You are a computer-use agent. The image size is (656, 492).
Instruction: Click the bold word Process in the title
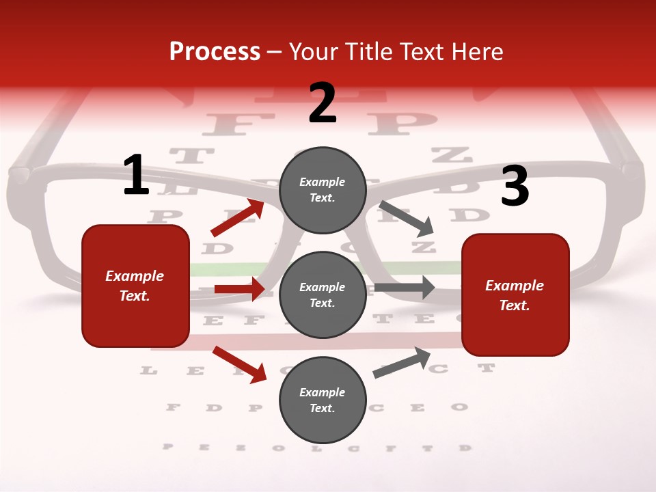(215, 52)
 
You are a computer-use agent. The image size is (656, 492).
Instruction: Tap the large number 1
(136, 175)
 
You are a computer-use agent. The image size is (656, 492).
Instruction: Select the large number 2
(323, 103)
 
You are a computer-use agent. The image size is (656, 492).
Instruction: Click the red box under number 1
(135, 286)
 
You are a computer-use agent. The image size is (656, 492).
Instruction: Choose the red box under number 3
(515, 295)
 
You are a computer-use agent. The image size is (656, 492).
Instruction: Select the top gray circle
(323, 190)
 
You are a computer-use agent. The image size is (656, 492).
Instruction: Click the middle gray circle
(323, 295)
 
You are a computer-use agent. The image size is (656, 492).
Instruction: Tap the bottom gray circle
(323, 400)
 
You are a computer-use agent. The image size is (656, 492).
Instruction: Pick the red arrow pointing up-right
(238, 217)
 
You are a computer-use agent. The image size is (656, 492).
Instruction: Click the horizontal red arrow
(239, 289)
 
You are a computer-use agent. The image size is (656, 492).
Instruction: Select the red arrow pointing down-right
(239, 364)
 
